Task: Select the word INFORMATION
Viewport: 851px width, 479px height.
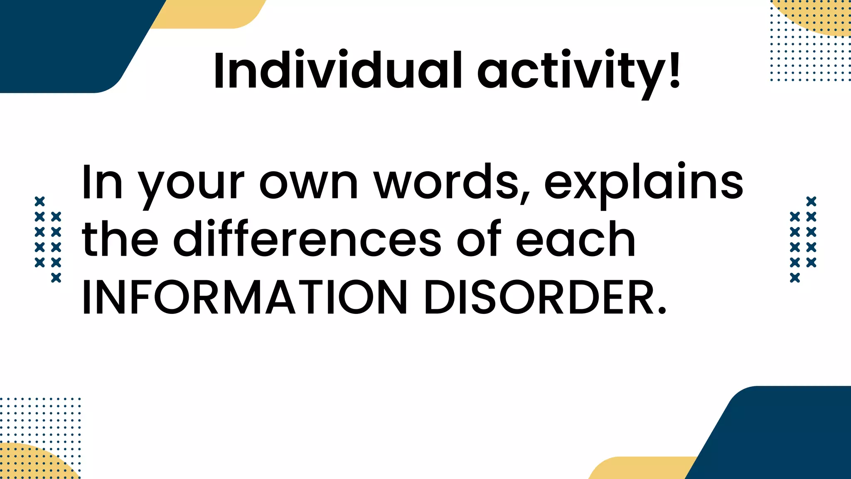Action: tap(245, 298)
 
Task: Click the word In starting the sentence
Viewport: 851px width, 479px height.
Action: tap(102, 183)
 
